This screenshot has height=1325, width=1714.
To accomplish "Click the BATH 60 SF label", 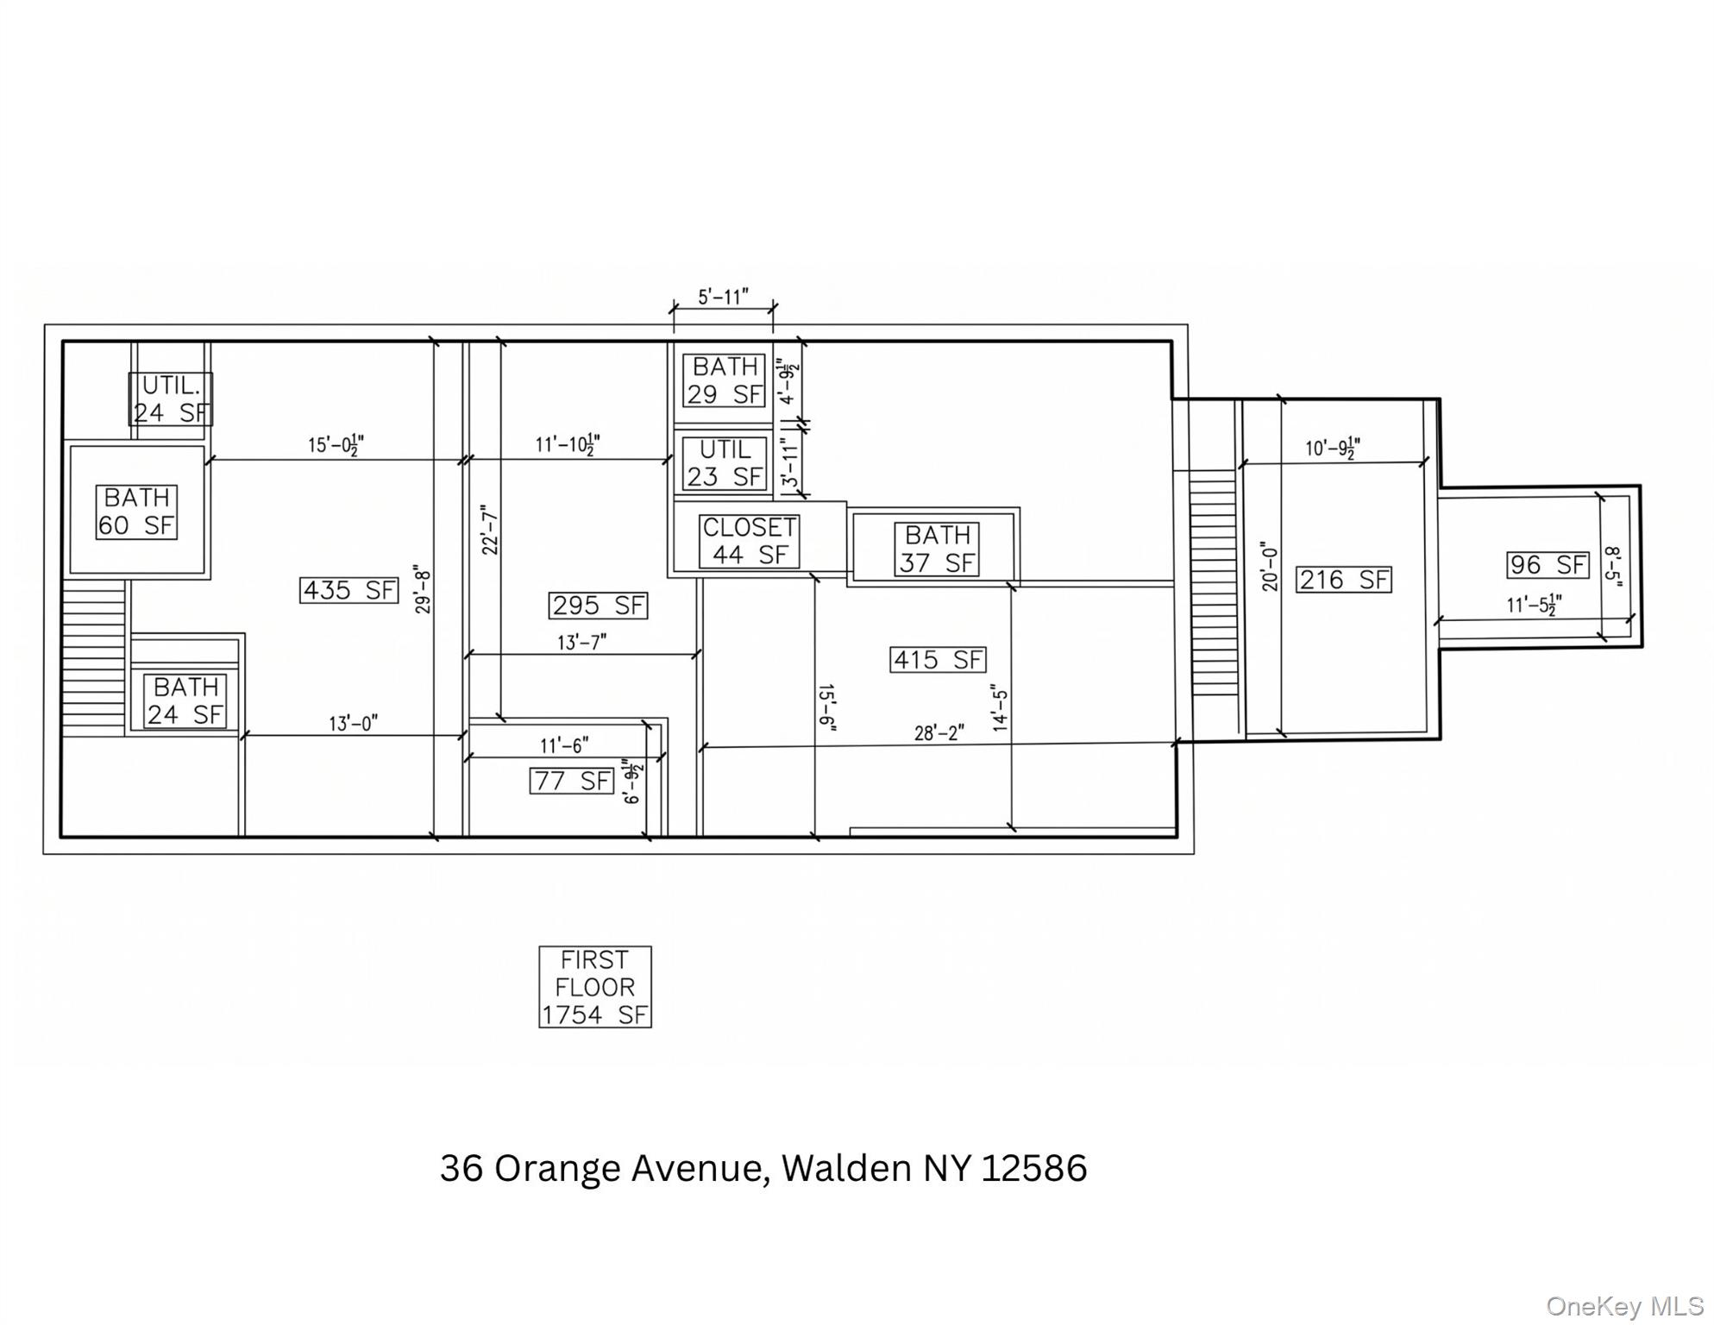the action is [137, 512].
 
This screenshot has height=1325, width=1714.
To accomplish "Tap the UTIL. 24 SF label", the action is [171, 399].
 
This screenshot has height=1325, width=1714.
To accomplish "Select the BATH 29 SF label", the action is [724, 380].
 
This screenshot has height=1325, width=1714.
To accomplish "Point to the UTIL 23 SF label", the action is [724, 463].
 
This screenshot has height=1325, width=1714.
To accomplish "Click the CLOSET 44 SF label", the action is [749, 541].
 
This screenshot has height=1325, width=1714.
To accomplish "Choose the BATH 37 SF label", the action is [937, 549].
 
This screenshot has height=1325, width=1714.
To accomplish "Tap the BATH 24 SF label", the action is [185, 700].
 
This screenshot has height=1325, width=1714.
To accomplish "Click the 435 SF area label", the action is [349, 590].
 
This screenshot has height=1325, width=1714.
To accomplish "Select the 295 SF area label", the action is [598, 606].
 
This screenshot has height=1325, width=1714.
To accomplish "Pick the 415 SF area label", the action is [938, 660].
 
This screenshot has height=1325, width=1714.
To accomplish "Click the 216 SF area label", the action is [1344, 580].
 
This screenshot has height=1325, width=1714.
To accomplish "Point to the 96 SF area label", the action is [1548, 565].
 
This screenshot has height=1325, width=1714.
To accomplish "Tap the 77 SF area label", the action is [571, 781].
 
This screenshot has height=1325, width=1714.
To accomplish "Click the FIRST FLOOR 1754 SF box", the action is [595, 987].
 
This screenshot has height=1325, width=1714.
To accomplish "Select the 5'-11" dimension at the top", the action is [723, 298].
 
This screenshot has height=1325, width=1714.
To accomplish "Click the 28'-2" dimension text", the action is [939, 733].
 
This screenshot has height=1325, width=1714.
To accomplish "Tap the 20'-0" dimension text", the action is [1269, 567].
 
